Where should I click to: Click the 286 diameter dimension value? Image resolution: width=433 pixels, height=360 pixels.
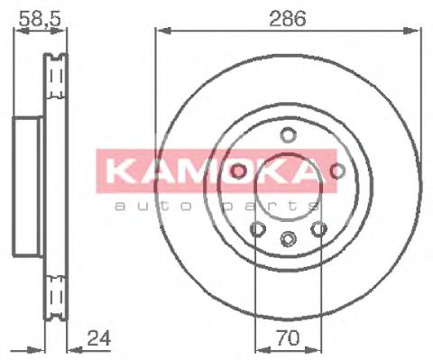pos(288,15)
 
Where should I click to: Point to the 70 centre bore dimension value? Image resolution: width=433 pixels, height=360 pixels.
pos(288,339)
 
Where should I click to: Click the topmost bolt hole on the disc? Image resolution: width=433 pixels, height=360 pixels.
pos(288,135)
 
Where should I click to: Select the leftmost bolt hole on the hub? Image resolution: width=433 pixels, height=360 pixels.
pos(238,171)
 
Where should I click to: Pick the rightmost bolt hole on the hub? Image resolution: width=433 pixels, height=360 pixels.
pos(338,171)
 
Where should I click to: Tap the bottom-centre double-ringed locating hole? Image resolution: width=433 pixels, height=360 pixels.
pos(288,239)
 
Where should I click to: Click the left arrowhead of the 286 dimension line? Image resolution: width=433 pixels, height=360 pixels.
pos(160,30)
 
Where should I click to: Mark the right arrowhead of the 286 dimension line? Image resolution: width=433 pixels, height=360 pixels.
pos(417,30)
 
